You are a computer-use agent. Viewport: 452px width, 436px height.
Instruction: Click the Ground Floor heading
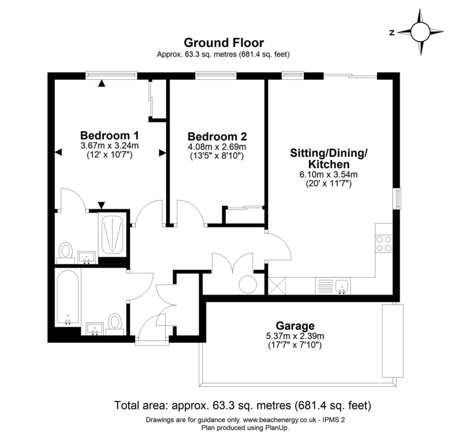(224, 43)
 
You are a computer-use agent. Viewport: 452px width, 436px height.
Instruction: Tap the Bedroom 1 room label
(110, 135)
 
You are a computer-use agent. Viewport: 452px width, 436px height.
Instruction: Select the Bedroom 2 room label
(217, 136)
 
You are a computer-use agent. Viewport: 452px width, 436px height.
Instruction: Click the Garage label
(295, 326)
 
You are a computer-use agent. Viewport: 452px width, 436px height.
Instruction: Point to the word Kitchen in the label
(329, 164)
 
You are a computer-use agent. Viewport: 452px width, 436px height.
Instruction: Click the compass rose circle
(420, 32)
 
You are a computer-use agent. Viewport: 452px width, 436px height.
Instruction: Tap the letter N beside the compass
(392, 33)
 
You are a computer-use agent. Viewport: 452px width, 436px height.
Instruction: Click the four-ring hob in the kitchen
(384, 244)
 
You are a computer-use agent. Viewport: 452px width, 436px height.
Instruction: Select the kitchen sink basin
(342, 286)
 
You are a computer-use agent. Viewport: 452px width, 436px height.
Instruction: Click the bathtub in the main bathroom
(68, 297)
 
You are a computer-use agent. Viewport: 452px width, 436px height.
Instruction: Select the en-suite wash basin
(87, 257)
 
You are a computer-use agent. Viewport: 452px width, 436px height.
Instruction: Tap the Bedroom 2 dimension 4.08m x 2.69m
(217, 147)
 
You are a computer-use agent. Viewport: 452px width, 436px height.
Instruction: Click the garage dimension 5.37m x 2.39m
(295, 336)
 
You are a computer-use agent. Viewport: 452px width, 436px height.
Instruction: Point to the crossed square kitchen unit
(277, 286)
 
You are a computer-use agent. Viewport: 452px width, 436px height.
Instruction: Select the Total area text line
(243, 405)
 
